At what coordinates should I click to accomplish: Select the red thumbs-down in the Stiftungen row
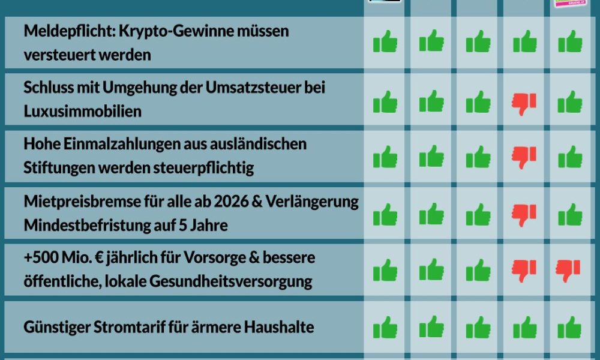click(x=524, y=158)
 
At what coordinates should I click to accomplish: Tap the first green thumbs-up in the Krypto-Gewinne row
click(x=385, y=43)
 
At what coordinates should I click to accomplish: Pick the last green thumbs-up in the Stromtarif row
click(x=569, y=328)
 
